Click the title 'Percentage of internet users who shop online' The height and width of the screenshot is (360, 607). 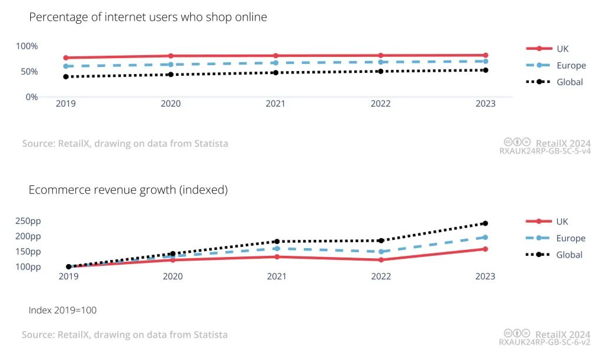[148, 17]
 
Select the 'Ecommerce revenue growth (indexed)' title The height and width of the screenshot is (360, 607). [128, 190]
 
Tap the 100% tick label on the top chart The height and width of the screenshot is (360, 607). [27, 46]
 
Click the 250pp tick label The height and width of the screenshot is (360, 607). [28, 221]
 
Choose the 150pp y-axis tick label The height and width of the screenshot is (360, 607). [28, 251]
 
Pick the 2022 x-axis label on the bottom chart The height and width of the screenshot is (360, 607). [381, 277]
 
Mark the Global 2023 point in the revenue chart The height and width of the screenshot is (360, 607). [485, 223]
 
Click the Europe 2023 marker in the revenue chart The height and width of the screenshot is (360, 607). [485, 237]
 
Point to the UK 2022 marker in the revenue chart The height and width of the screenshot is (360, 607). [381, 260]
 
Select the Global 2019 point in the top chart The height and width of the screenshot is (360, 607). [66, 77]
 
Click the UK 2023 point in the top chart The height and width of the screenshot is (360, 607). [485, 55]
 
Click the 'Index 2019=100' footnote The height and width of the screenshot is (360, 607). [62, 310]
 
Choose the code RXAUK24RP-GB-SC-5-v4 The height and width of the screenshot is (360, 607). [545, 152]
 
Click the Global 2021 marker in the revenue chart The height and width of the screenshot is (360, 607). [277, 242]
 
